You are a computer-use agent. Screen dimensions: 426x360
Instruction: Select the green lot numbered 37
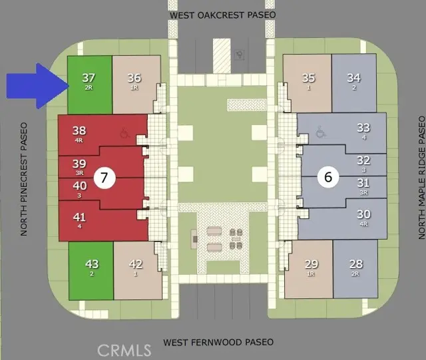(90, 85)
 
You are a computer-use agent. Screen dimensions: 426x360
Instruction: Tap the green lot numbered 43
(91, 271)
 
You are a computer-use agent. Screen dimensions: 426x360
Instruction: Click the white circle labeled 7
(105, 178)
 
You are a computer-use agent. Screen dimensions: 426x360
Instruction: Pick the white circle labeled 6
(328, 177)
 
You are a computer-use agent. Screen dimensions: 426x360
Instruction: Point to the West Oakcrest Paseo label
(223, 15)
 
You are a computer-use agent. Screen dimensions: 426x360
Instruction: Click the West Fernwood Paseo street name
(218, 342)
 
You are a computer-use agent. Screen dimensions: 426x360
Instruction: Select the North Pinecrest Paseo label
(24, 179)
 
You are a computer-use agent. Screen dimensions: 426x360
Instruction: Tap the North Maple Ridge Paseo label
(421, 178)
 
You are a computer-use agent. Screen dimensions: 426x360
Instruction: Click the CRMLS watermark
(124, 351)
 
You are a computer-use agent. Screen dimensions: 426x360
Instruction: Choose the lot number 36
(134, 78)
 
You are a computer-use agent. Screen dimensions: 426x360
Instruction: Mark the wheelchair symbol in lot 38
(124, 133)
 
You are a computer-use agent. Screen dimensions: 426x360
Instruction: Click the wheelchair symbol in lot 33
(321, 132)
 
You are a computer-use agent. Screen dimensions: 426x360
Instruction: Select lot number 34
(353, 78)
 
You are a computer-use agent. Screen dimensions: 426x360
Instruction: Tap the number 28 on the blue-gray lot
(356, 264)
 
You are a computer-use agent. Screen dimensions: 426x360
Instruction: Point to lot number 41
(79, 217)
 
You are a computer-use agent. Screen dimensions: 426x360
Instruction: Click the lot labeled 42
(136, 264)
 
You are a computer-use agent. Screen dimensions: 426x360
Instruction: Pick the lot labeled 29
(312, 264)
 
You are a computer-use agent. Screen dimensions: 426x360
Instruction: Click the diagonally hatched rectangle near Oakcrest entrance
(222, 56)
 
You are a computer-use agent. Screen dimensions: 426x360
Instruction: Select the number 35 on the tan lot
(309, 78)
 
